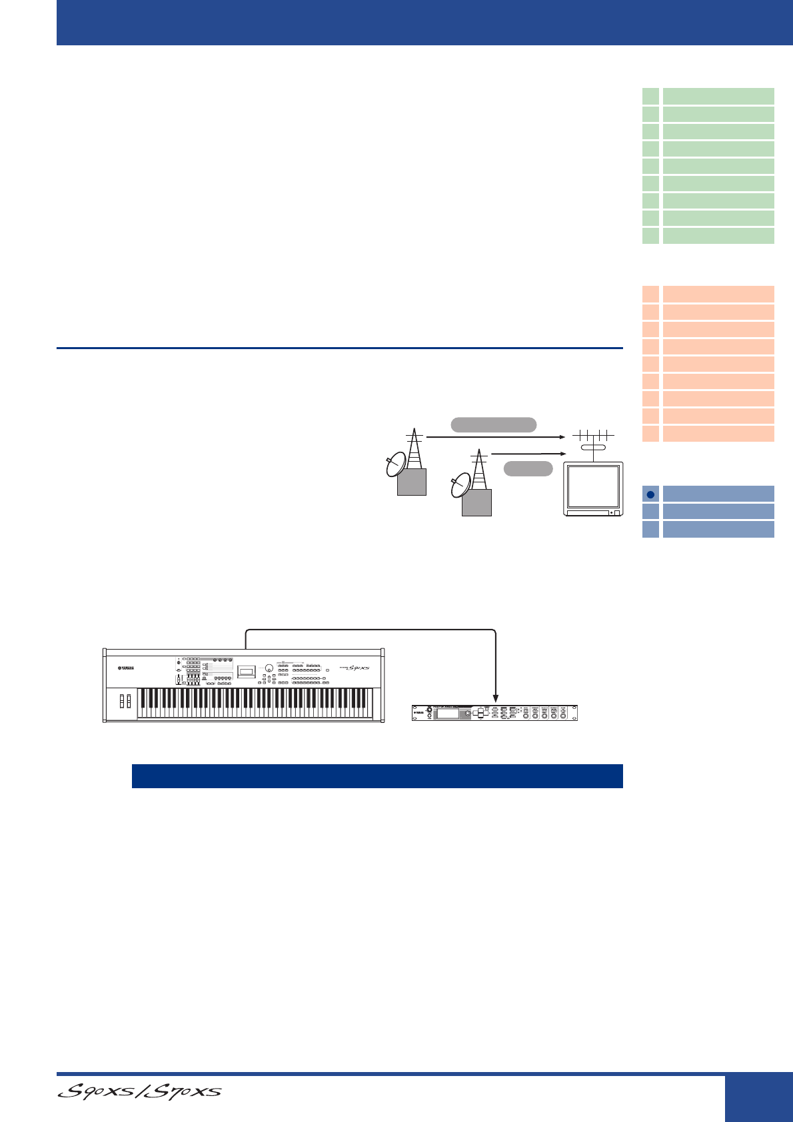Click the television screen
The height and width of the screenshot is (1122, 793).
pos(592,486)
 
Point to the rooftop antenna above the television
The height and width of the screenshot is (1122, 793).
pos(592,437)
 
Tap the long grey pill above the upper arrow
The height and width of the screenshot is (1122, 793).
pos(493,425)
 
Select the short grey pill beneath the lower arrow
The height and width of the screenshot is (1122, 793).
pos(528,468)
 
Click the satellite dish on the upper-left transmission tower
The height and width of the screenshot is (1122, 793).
pos(395,464)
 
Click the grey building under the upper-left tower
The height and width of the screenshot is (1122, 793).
pos(411,481)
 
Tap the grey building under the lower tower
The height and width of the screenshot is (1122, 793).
pos(476,502)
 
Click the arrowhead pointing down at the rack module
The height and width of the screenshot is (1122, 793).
pos(496,699)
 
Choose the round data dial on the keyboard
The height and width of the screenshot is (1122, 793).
pos(268,668)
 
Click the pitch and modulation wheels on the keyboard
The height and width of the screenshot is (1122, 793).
pos(125,701)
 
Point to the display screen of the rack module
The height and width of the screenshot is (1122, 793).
pos(446,714)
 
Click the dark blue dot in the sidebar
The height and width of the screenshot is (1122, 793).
pos(650,494)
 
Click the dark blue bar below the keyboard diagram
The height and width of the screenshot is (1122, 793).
pos(377,776)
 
